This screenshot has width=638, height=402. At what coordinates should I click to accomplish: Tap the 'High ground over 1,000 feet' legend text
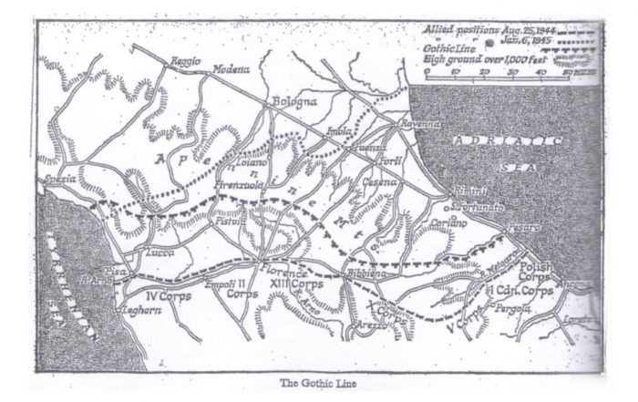(481, 58)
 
